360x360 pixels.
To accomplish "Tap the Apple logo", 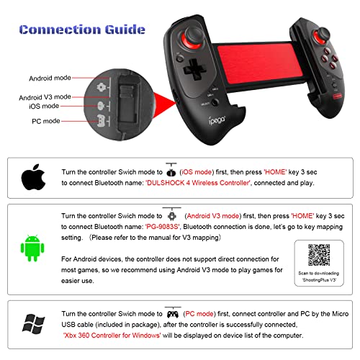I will [29, 176].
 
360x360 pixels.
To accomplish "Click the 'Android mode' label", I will [50, 78].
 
